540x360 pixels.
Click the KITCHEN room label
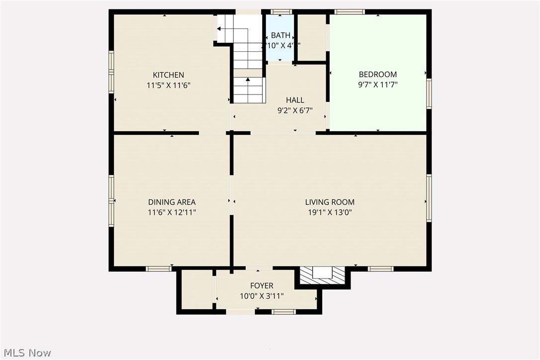pyautogui.click(x=169, y=75)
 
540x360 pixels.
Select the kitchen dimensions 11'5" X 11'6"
pyautogui.click(x=169, y=85)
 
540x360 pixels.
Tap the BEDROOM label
pyautogui.click(x=378, y=75)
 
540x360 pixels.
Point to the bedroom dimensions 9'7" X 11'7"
pyautogui.click(x=378, y=85)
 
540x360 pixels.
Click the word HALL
pyautogui.click(x=295, y=100)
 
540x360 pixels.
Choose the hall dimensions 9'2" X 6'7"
pyautogui.click(x=295, y=111)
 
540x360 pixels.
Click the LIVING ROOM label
pyautogui.click(x=330, y=202)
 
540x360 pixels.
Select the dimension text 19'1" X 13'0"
pyautogui.click(x=330, y=212)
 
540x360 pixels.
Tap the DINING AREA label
pyautogui.click(x=172, y=202)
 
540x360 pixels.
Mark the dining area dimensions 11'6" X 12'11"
pyautogui.click(x=172, y=212)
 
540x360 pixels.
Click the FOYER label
pyautogui.click(x=262, y=285)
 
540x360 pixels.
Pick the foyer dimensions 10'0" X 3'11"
pyautogui.click(x=262, y=296)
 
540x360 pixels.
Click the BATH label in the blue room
pyautogui.click(x=280, y=36)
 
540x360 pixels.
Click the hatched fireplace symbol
pyautogui.click(x=323, y=275)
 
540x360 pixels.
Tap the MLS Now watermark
pyautogui.click(x=26, y=353)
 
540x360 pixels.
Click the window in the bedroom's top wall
pyautogui.click(x=350, y=11)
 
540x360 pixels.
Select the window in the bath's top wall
pyautogui.click(x=281, y=11)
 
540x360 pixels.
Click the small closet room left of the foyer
pyautogui.click(x=196, y=290)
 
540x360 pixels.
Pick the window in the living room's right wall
pyautogui.click(x=429, y=198)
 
